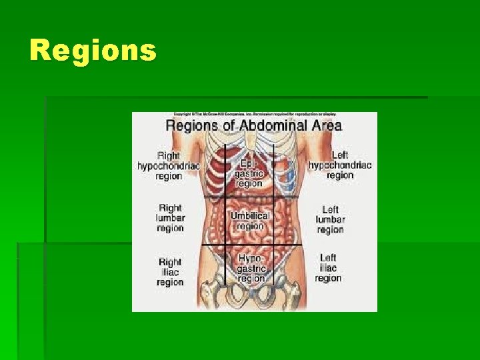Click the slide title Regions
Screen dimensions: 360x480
click(93, 51)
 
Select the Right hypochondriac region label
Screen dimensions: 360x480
click(169, 165)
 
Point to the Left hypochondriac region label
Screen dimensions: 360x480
click(340, 165)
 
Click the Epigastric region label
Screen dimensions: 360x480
click(249, 172)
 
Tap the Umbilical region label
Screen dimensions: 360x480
click(250, 221)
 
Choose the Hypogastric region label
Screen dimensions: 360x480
click(251, 268)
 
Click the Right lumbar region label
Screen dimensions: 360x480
click(170, 217)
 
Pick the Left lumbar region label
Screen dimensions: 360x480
click(330, 219)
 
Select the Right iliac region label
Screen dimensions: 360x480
click(170, 272)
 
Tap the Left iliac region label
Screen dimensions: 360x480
click(328, 268)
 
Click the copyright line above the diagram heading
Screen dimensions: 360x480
click(254, 115)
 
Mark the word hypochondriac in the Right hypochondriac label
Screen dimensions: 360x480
click(169, 165)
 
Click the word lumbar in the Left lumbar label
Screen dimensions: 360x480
click(330, 219)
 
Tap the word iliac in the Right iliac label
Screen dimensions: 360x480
click(170, 272)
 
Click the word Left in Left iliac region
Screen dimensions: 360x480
click(328, 257)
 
